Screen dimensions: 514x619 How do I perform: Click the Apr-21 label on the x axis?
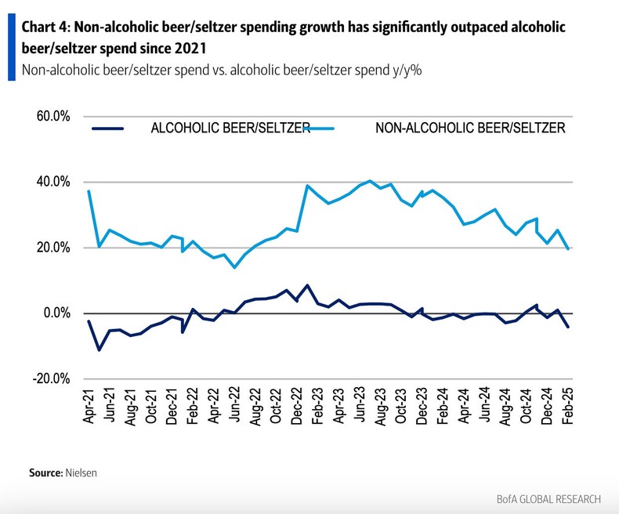click(x=89, y=407)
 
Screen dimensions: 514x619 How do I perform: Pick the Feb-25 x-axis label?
click(x=568, y=407)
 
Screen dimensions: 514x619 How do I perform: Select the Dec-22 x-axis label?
click(x=297, y=407)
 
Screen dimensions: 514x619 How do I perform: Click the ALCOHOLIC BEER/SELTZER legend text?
click(x=230, y=128)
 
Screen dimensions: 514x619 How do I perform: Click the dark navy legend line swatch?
click(x=108, y=128)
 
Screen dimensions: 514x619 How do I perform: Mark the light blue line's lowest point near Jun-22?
click(x=233, y=267)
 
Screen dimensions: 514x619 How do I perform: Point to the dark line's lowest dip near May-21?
click(x=99, y=349)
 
